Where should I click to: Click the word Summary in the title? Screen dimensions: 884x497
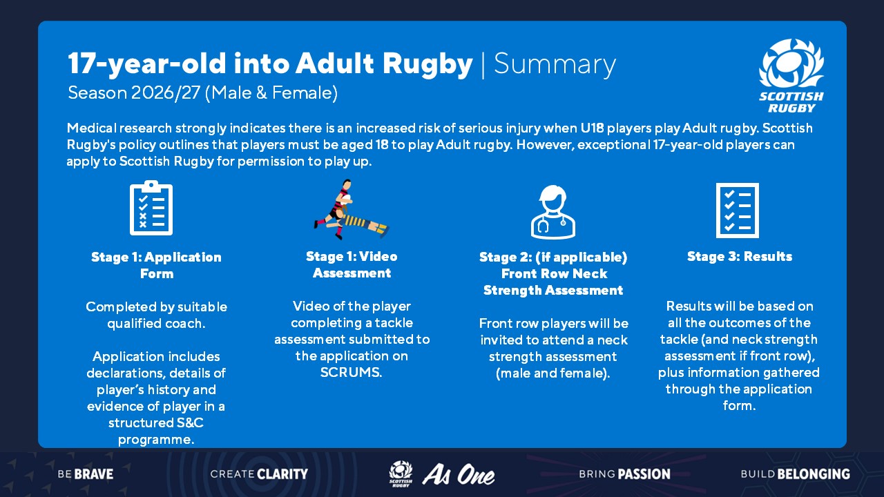[x=555, y=65]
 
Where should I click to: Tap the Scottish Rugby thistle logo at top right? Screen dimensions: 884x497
[x=791, y=76]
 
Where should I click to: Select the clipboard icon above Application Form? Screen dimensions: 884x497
[x=151, y=208]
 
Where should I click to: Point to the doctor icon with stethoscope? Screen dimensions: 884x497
[x=553, y=212]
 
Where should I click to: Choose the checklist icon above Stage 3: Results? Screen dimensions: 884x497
[x=737, y=211]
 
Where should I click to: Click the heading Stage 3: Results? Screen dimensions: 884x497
[x=740, y=256]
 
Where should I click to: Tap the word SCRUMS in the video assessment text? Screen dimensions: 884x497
[x=351, y=372]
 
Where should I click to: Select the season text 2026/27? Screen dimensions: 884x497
[x=166, y=93]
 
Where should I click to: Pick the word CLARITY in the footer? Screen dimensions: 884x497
[x=282, y=474]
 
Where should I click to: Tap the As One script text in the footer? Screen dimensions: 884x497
[x=458, y=474]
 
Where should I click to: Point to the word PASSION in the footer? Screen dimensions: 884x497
[x=644, y=474]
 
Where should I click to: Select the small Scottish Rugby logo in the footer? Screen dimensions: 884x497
[x=401, y=474]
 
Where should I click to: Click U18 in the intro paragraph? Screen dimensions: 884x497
[x=592, y=128]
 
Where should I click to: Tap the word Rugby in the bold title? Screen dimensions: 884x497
[x=427, y=65]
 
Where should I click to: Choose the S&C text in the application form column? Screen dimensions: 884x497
[x=190, y=423]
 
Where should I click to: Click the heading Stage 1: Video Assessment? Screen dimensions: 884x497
[x=352, y=264]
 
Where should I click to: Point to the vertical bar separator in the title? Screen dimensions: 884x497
[x=483, y=66]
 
